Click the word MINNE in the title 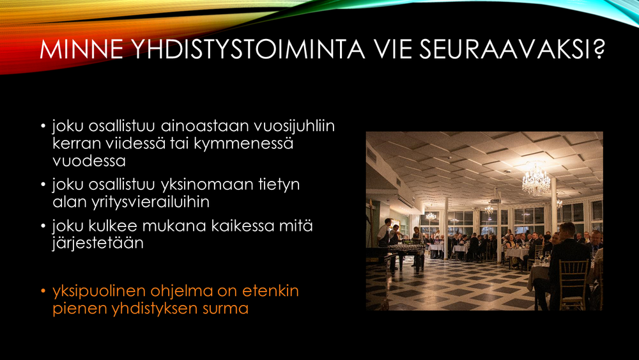click(x=82, y=49)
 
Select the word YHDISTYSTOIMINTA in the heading click(x=249, y=49)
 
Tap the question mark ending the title click(x=598, y=49)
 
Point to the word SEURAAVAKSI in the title click(x=505, y=49)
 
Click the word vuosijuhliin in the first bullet click(x=294, y=126)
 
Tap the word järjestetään click(x=98, y=244)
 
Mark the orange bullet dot click(x=43, y=291)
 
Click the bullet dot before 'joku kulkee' click(x=43, y=226)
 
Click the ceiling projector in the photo click(x=495, y=201)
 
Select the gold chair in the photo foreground click(x=573, y=285)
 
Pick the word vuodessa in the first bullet click(x=89, y=161)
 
